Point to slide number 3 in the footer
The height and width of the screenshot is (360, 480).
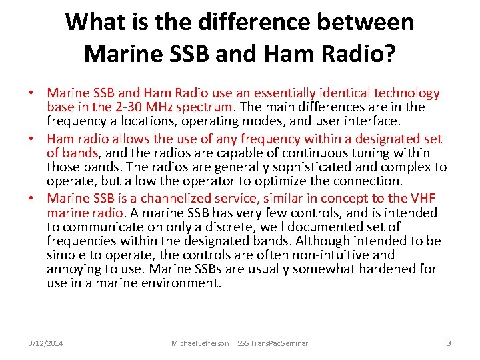[x=449, y=343]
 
